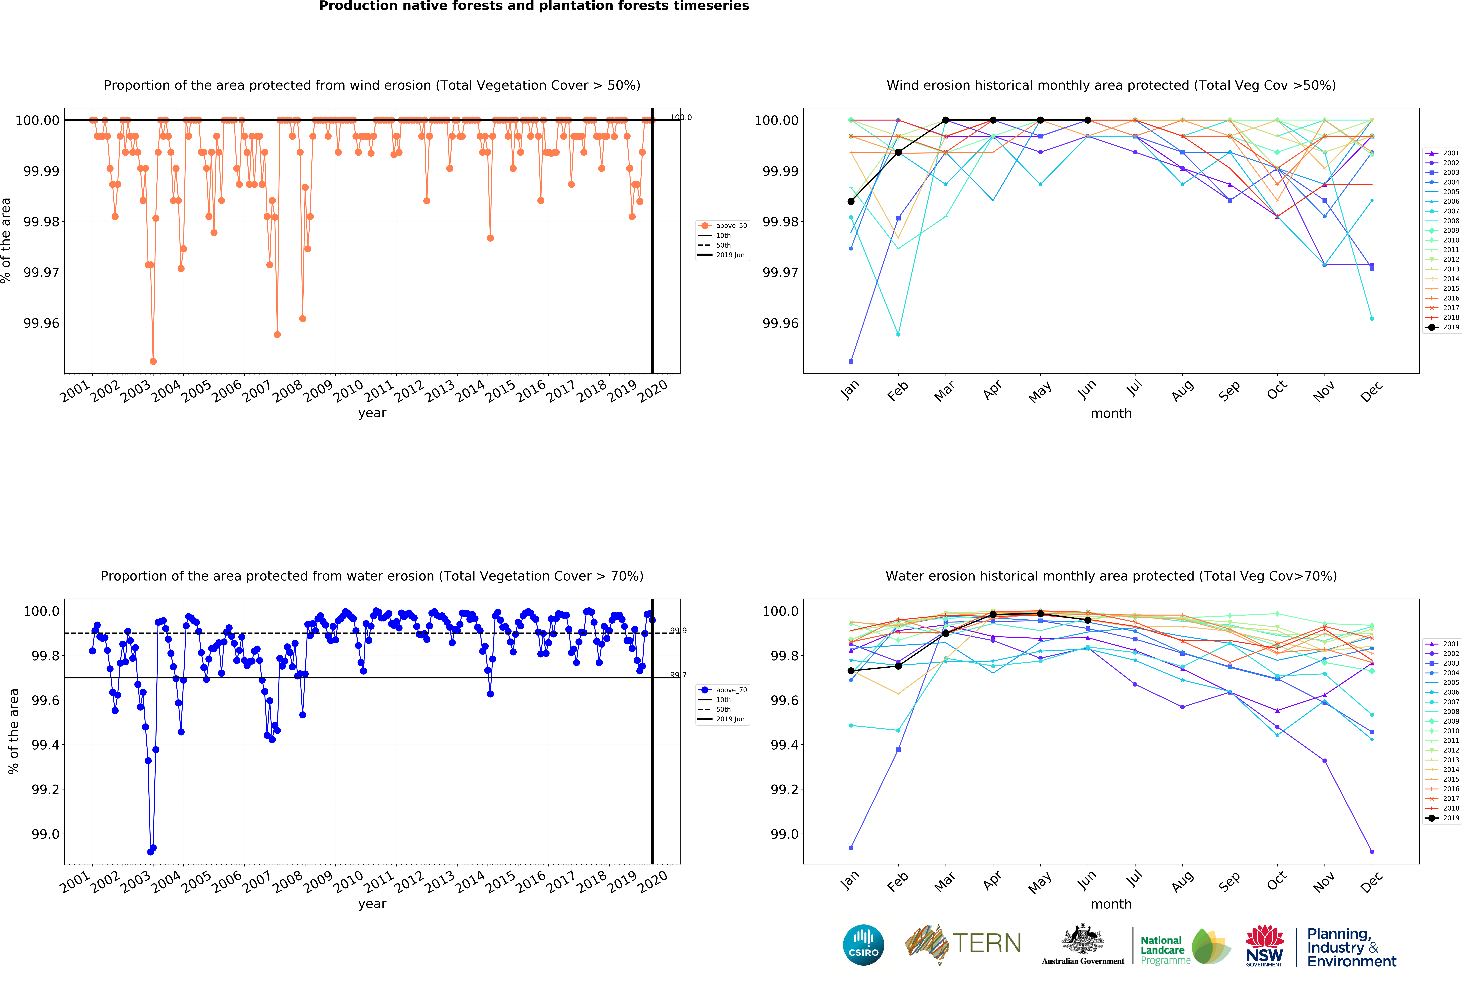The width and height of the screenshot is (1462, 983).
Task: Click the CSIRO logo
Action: tap(864, 945)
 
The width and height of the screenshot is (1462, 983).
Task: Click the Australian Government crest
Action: tap(1083, 940)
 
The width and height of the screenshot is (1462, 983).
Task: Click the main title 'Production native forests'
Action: tap(534, 6)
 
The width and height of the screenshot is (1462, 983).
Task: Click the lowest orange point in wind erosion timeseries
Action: tap(153, 361)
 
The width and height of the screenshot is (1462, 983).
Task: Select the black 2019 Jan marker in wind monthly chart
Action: tap(851, 201)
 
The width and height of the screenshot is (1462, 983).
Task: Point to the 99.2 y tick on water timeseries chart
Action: tap(45, 789)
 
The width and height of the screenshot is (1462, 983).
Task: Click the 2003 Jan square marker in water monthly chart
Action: tap(851, 848)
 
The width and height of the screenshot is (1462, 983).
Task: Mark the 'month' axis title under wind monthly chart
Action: tap(1111, 413)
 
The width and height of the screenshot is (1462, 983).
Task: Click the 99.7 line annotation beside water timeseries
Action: tap(678, 675)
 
